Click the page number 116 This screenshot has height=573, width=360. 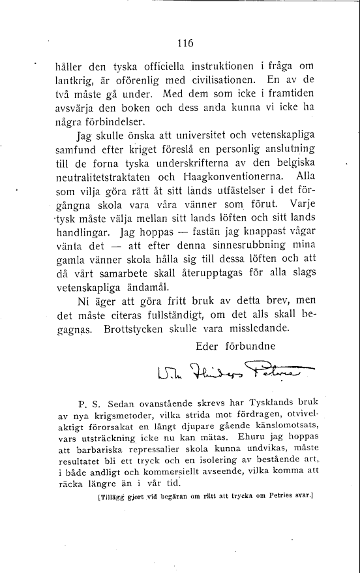185,44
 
